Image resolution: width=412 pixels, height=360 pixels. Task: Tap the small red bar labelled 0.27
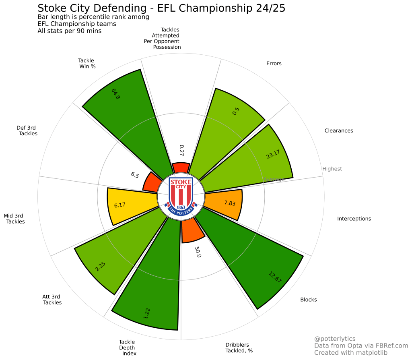coord(181,168)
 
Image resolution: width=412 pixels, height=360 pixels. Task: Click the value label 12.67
coord(275,277)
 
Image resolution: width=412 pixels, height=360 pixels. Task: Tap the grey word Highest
coord(332,169)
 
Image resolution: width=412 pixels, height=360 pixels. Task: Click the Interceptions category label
coord(354,219)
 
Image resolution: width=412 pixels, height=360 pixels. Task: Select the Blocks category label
coord(309,300)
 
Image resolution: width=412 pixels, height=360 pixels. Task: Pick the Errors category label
coord(274,64)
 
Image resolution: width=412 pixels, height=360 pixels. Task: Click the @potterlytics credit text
coord(335,339)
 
